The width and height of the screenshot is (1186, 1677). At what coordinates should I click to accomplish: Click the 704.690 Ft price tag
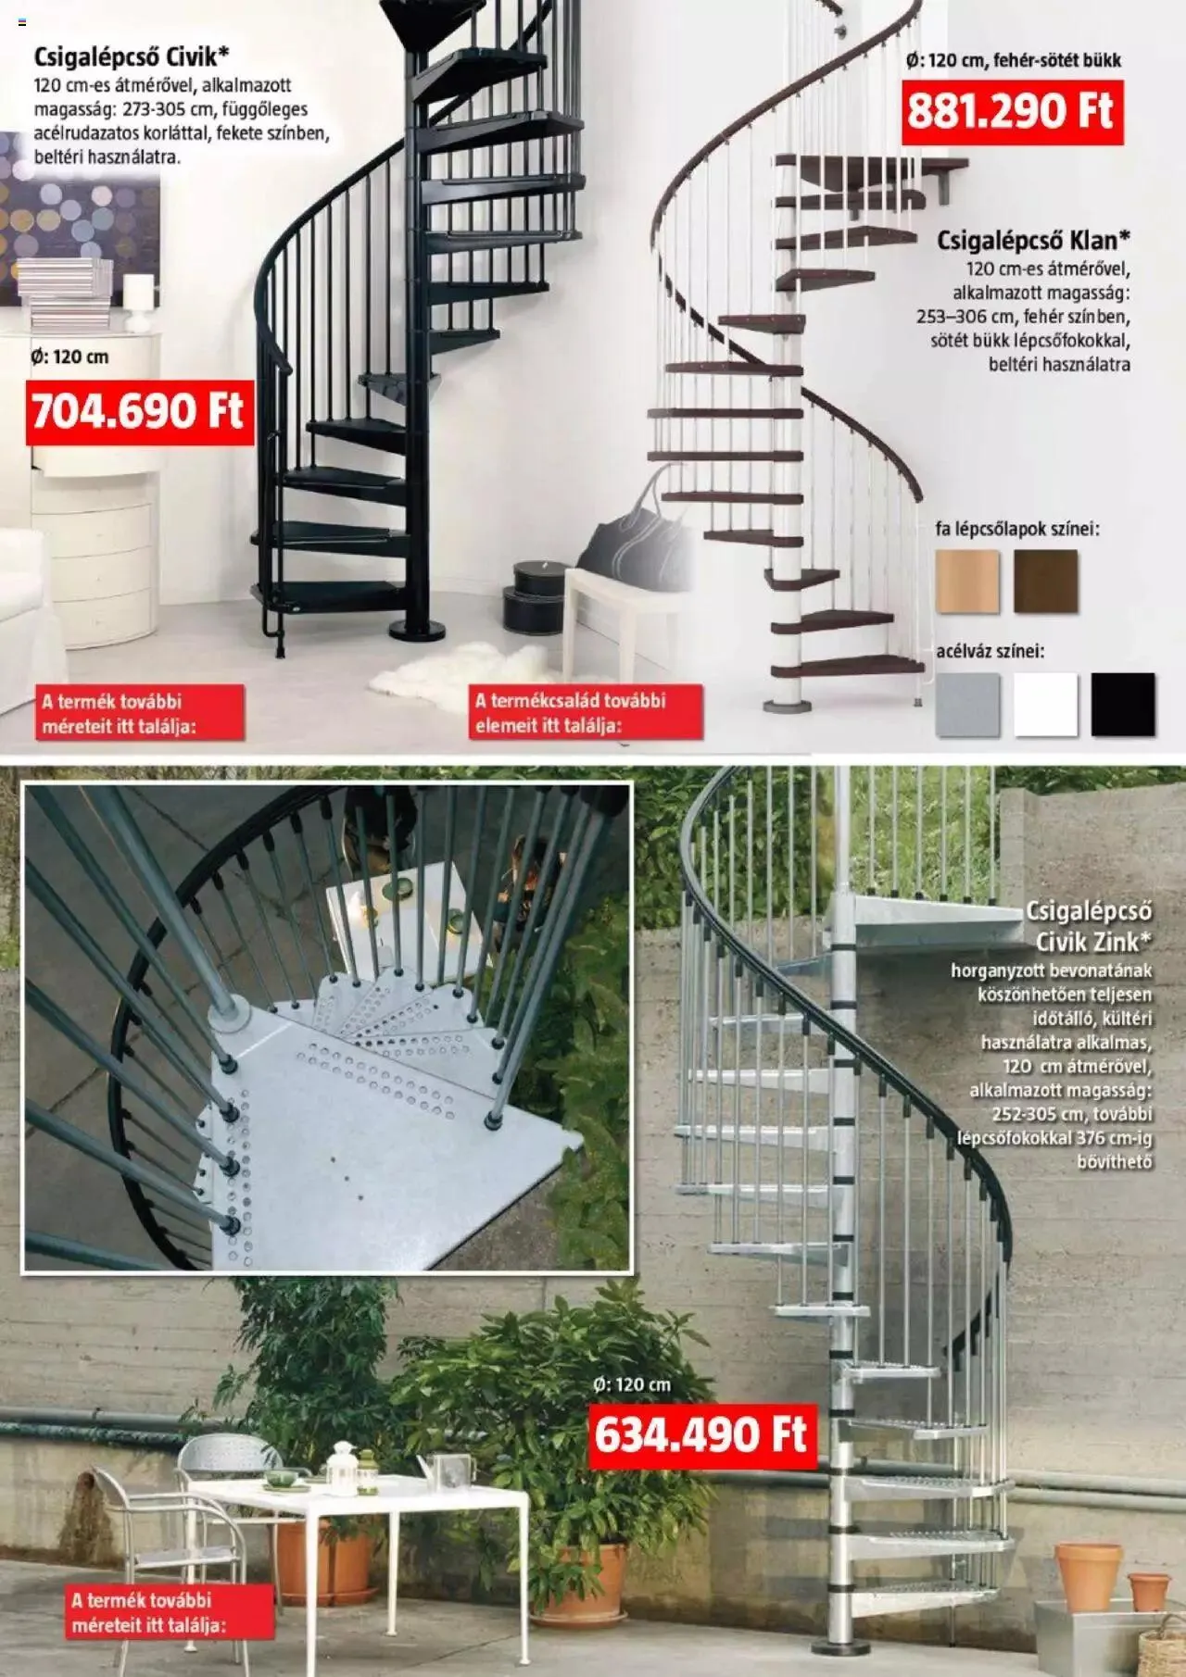[x=139, y=411]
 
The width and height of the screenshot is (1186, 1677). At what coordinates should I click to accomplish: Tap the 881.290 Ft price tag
[x=1011, y=112]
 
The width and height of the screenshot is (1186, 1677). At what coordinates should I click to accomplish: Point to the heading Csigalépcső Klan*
[x=1033, y=241]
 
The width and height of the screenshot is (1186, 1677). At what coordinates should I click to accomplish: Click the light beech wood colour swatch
[x=967, y=582]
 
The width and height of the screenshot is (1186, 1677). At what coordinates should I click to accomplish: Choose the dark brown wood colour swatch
[x=1045, y=582]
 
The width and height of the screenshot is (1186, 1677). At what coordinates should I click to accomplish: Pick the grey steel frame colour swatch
[x=967, y=705]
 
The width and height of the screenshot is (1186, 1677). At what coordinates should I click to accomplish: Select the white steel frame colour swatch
[x=1045, y=705]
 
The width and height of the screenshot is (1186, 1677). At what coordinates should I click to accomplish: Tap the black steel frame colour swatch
[x=1123, y=705]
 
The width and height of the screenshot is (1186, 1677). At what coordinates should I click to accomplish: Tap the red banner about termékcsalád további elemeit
[x=584, y=713]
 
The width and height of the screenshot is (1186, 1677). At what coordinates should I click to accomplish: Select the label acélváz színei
[x=990, y=652]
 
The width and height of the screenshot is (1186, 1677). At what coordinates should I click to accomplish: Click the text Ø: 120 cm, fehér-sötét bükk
[x=1013, y=61]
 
